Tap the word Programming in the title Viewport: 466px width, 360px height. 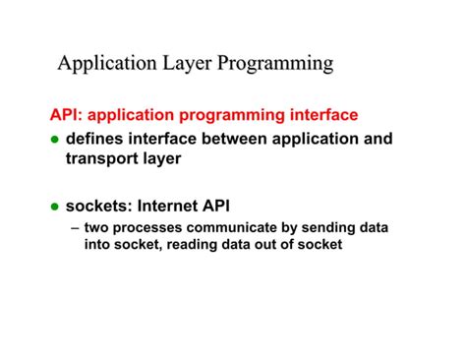coord(276,65)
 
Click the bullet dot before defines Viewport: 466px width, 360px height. coord(55,140)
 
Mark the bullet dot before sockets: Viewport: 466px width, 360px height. coord(55,207)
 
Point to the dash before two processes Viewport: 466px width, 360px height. coord(76,228)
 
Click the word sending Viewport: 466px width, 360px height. coord(323,227)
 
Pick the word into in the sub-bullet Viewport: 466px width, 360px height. coord(97,245)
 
